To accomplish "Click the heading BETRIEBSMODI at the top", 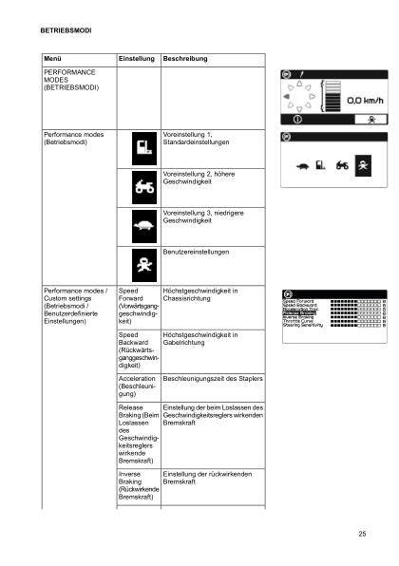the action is [66, 31].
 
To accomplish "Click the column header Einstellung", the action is [136, 59].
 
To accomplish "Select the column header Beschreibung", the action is [185, 59].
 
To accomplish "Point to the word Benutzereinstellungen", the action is [196, 254].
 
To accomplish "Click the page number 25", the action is [362, 534].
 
